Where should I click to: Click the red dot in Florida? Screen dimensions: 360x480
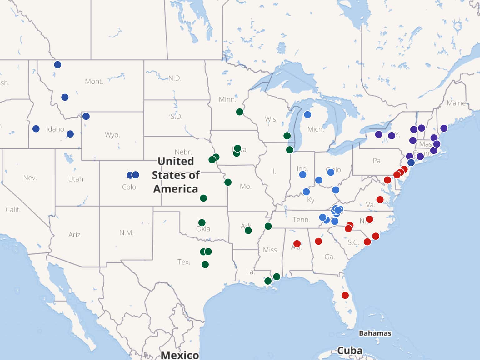[x=345, y=295]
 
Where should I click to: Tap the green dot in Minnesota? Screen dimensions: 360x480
[x=240, y=112]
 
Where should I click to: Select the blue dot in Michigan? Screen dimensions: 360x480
[x=307, y=115]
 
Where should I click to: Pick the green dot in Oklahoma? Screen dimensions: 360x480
[x=202, y=223]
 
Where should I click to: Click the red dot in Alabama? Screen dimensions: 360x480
[x=297, y=243]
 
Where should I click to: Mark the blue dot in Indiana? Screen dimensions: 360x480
[x=302, y=174]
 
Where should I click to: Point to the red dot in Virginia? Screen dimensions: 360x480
[x=380, y=200]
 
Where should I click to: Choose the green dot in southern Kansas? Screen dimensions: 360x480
[x=203, y=198]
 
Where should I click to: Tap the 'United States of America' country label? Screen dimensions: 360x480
[x=176, y=175]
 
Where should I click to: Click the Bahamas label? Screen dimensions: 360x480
[x=375, y=333]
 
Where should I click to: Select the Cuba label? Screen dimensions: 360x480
[x=350, y=351]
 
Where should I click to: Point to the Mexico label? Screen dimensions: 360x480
[x=180, y=355]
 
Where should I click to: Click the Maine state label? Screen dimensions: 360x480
[x=456, y=103]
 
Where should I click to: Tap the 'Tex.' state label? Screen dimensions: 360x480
[x=184, y=262]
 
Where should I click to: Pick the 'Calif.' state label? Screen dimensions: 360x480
[x=13, y=209]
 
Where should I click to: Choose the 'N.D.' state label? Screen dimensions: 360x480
[x=175, y=78]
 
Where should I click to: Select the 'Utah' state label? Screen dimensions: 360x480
[x=76, y=179]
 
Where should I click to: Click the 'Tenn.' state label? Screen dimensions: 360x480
[x=301, y=220]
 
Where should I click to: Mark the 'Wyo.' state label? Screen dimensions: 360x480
[x=112, y=135]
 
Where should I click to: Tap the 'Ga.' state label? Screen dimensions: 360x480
[x=329, y=257]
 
